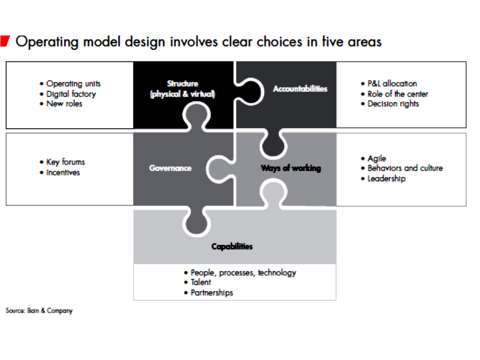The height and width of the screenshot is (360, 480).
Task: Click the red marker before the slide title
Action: pyautogui.click(x=5, y=41)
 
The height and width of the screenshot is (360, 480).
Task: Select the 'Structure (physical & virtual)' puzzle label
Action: pyautogui.click(x=182, y=89)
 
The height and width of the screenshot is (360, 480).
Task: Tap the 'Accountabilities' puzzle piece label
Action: pyautogui.click(x=300, y=88)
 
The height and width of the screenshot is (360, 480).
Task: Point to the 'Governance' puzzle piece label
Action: pyautogui.click(x=170, y=168)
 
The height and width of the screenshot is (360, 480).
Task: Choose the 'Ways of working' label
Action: pyautogui.click(x=290, y=168)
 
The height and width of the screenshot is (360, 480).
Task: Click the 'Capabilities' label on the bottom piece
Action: pyautogui.click(x=231, y=246)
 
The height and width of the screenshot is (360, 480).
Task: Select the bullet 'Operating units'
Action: pyautogui.click(x=73, y=84)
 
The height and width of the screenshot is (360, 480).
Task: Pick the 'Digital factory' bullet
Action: pyautogui.click(x=70, y=94)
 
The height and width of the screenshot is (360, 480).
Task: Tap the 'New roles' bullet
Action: pyautogui.click(x=64, y=104)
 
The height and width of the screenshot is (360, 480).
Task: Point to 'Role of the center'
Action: pyautogui.click(x=397, y=94)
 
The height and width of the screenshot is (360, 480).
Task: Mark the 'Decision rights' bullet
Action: pyautogui.click(x=393, y=104)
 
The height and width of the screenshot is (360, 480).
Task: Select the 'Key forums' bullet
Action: pyautogui.click(x=65, y=162)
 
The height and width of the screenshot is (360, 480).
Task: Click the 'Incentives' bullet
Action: pyautogui.click(x=63, y=172)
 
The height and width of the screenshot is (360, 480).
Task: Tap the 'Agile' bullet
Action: pyautogui.click(x=376, y=158)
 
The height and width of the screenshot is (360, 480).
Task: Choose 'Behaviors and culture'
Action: pyautogui.click(x=404, y=168)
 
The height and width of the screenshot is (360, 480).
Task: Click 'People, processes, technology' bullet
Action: pyautogui.click(x=243, y=273)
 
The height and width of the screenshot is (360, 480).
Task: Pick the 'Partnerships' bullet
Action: pyautogui.click(x=211, y=292)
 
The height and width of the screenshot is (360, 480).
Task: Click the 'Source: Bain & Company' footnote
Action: pyautogui.click(x=39, y=311)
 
